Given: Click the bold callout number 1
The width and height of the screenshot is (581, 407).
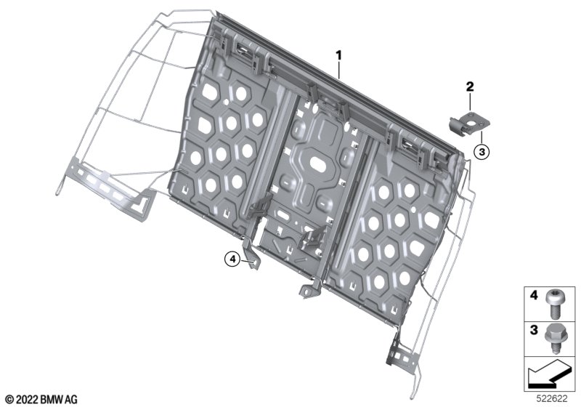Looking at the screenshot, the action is (x=338, y=57).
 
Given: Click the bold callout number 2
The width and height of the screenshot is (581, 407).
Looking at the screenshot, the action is (x=470, y=87).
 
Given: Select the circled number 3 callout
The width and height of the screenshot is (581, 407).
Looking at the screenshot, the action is (x=482, y=152).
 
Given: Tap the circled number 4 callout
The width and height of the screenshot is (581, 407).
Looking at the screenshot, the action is (x=232, y=259).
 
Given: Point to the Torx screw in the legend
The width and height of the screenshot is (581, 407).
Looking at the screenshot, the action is (x=554, y=304).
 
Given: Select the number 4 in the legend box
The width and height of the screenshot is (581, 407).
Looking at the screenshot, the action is (x=534, y=296).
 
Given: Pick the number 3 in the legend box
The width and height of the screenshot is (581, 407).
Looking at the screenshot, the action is (x=534, y=330).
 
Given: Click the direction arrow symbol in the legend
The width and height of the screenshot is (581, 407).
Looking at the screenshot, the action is (x=548, y=374).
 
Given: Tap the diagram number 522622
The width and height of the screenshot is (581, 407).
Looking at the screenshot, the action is (x=552, y=399).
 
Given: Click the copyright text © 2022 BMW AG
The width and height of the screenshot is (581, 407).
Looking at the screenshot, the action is (x=41, y=400).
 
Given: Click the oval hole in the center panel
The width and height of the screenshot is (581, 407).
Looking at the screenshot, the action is (x=318, y=165).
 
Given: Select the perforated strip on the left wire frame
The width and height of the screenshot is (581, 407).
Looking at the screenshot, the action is (x=110, y=190).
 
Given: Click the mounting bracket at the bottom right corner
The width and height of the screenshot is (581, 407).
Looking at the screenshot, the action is (x=402, y=352).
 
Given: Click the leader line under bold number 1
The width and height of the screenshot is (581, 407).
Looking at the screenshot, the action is (x=338, y=70).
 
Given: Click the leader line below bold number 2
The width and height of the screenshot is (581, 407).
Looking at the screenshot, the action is (x=470, y=102).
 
